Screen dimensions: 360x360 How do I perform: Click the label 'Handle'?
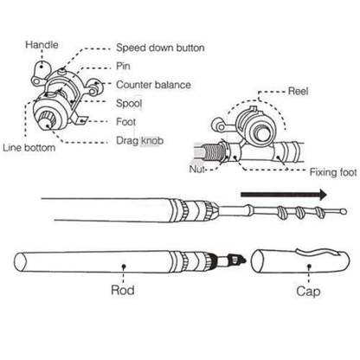pos(41,44)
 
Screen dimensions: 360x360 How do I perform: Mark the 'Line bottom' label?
pos(31,147)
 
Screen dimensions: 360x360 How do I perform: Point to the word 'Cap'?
pos(306,292)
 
